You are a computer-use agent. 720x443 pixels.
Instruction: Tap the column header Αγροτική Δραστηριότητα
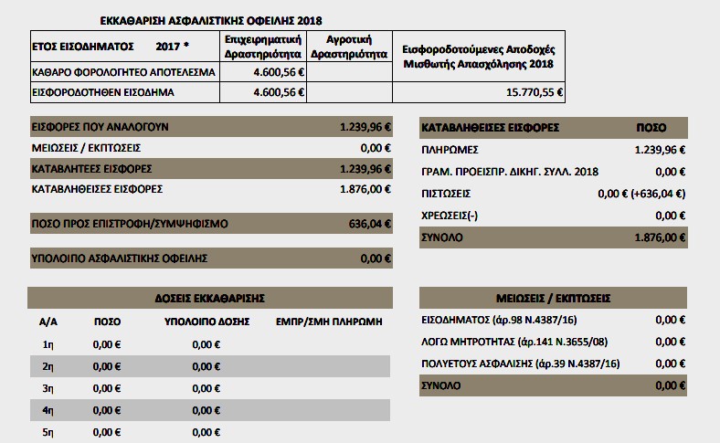click(350, 47)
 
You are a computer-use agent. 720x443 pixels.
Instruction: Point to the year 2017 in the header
click(171, 46)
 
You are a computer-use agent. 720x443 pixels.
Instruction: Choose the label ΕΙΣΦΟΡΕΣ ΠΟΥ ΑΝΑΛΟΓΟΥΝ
click(100, 127)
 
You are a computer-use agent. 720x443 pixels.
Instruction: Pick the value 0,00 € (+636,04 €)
click(641, 194)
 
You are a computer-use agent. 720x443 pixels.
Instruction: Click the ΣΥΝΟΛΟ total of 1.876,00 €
click(660, 237)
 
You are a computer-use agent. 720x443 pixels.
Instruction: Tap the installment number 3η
click(49, 388)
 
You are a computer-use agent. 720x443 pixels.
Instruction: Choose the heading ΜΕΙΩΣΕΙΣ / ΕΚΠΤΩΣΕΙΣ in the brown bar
click(554, 298)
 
